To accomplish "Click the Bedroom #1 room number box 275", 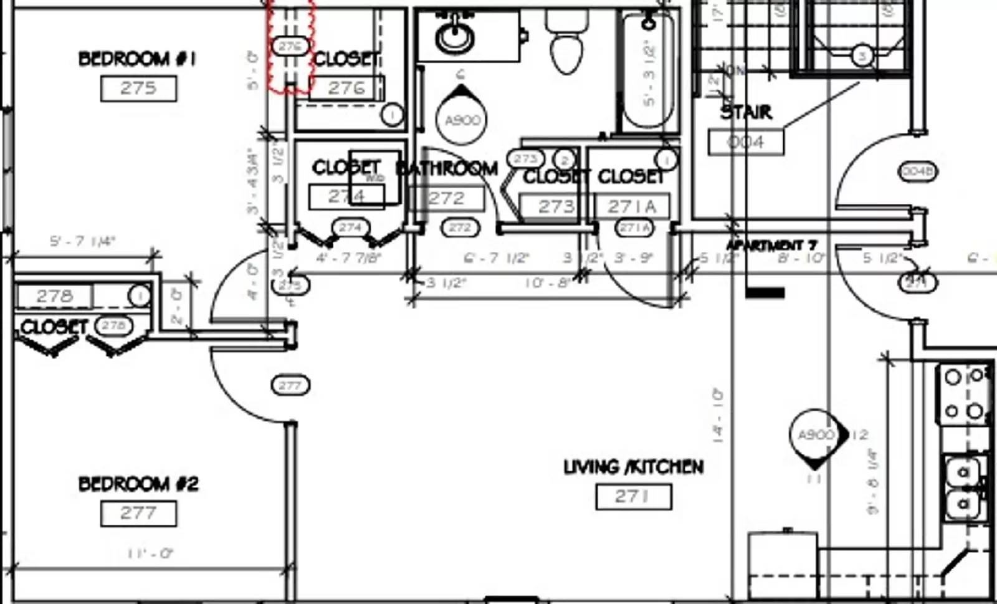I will (138, 88).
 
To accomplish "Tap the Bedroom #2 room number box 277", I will (138, 513).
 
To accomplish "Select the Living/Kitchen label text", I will (633, 467).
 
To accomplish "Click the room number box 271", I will (633, 497).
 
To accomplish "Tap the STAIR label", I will (746, 112).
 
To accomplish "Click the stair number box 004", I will (745, 142).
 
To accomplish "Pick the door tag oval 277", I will (290, 385).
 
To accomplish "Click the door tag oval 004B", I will (917, 171).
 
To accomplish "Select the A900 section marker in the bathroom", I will (462, 118).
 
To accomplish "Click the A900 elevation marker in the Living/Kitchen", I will (815, 434).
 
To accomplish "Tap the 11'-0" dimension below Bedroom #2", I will (150, 553).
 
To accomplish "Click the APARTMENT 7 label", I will (771, 245).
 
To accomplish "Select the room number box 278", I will (54, 295).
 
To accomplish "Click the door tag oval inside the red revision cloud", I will (290, 46).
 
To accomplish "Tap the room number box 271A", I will (632, 206).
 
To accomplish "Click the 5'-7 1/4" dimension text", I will (82, 241).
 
